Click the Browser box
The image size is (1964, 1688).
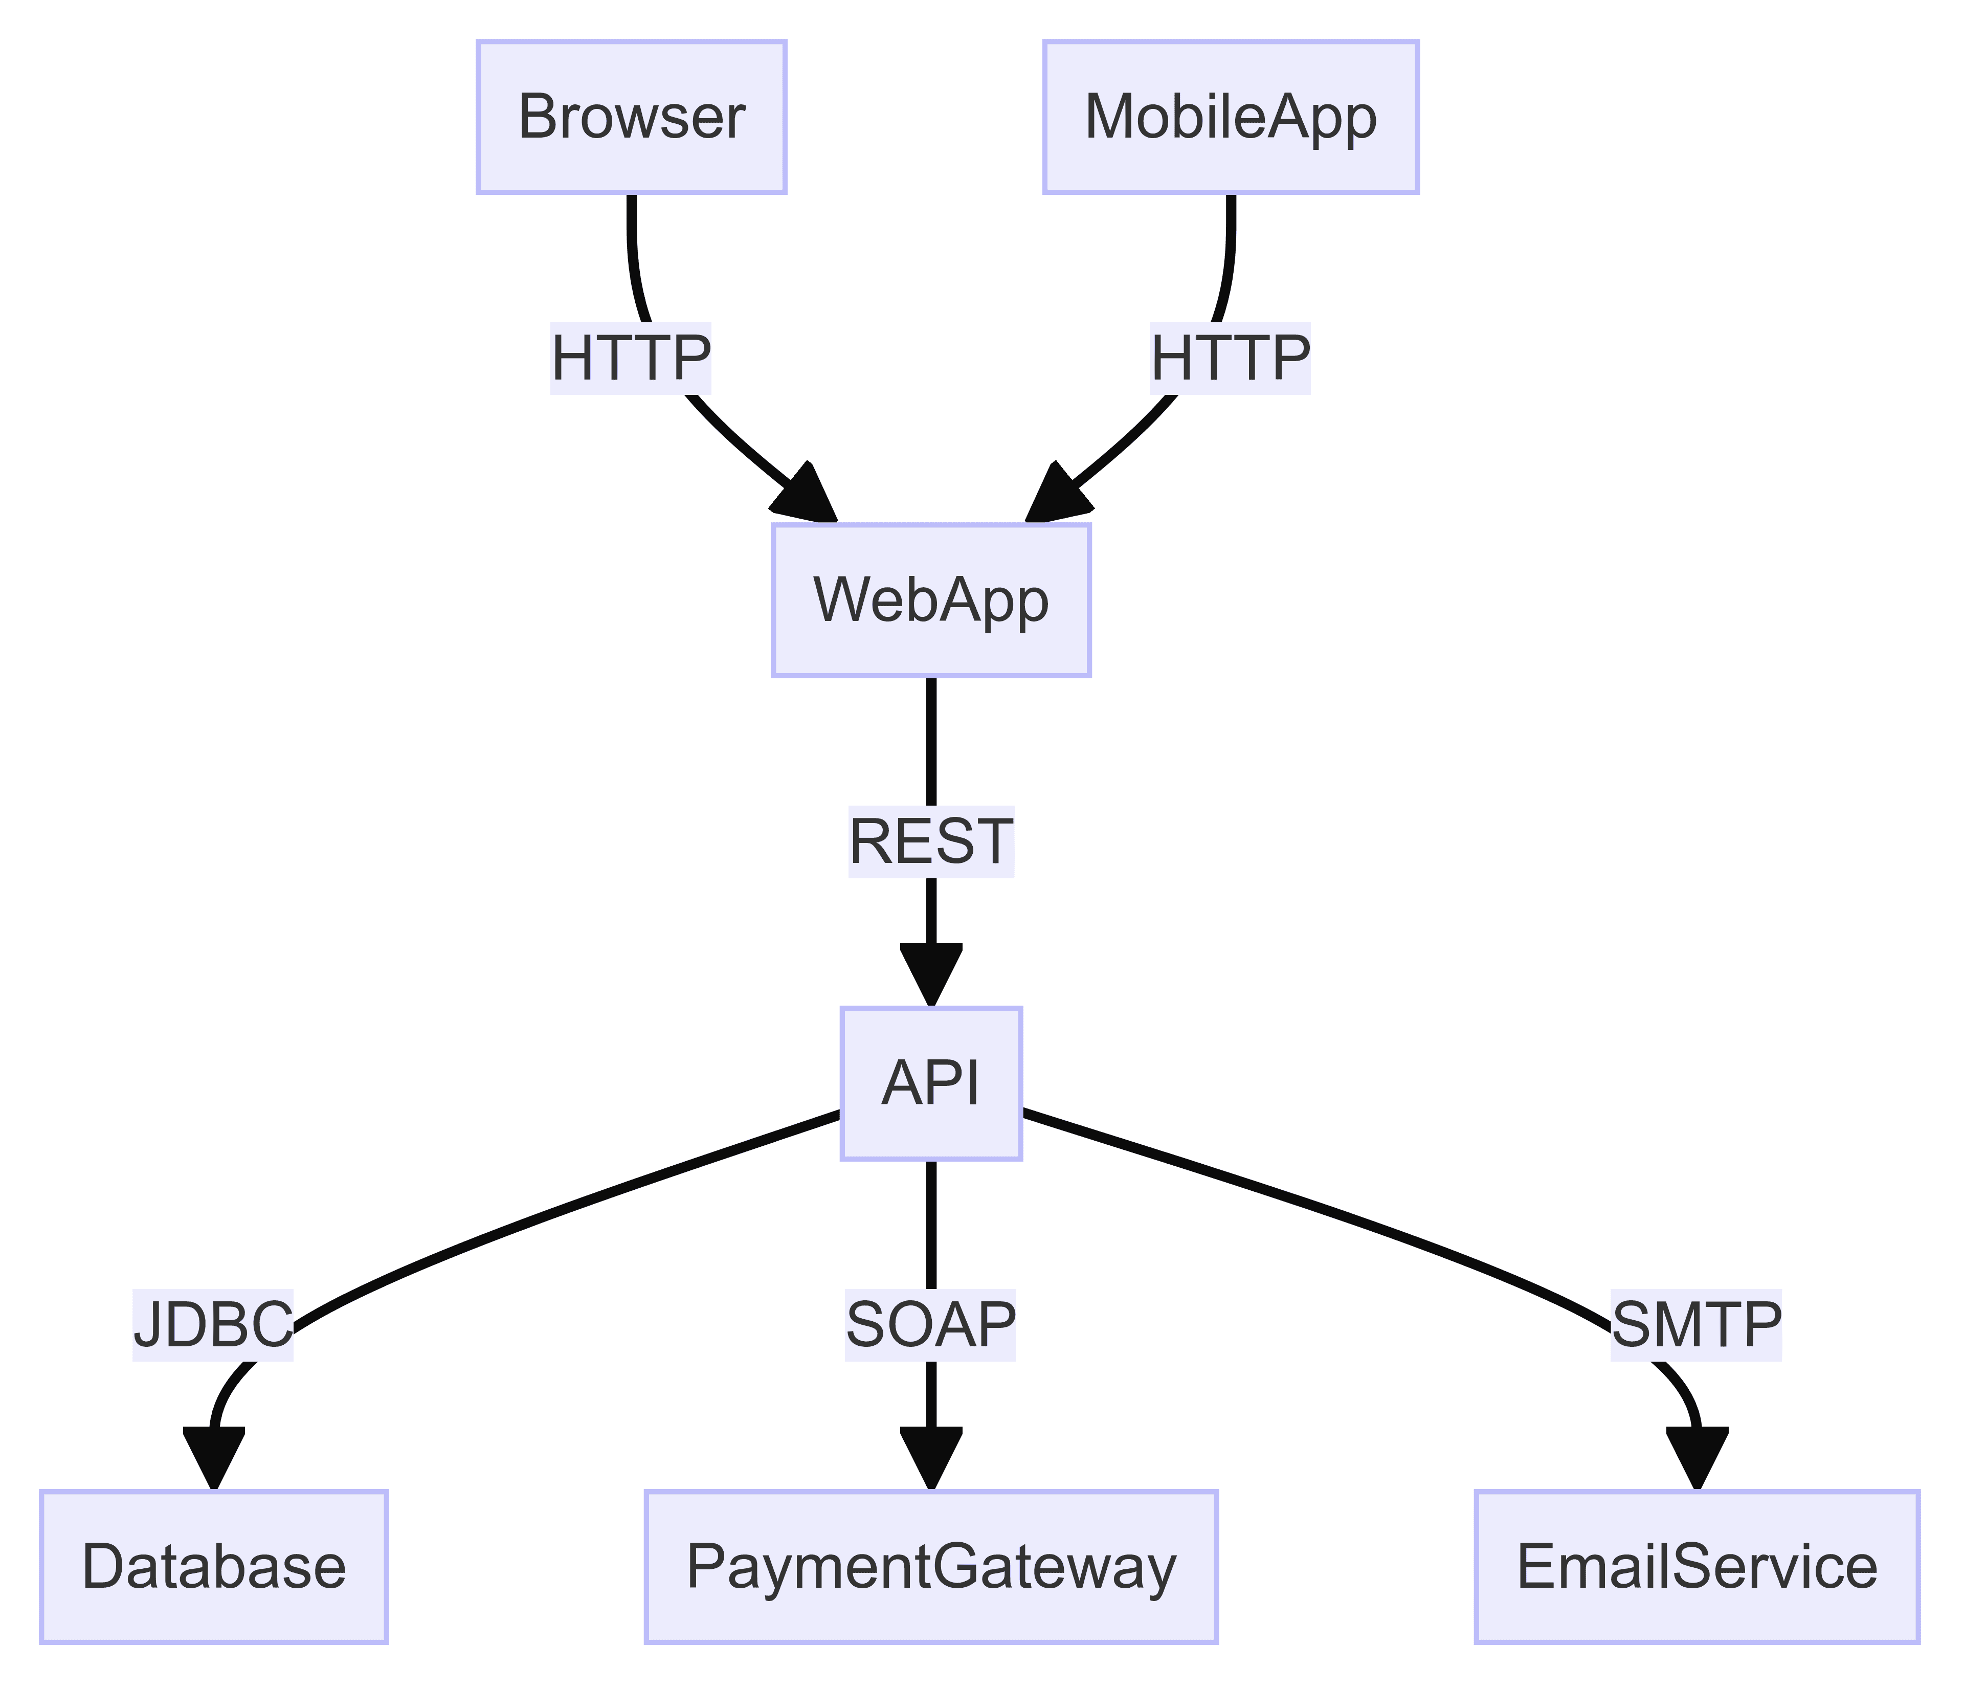[631, 118]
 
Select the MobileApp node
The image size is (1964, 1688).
[1231, 118]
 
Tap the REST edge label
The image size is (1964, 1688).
[931, 841]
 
